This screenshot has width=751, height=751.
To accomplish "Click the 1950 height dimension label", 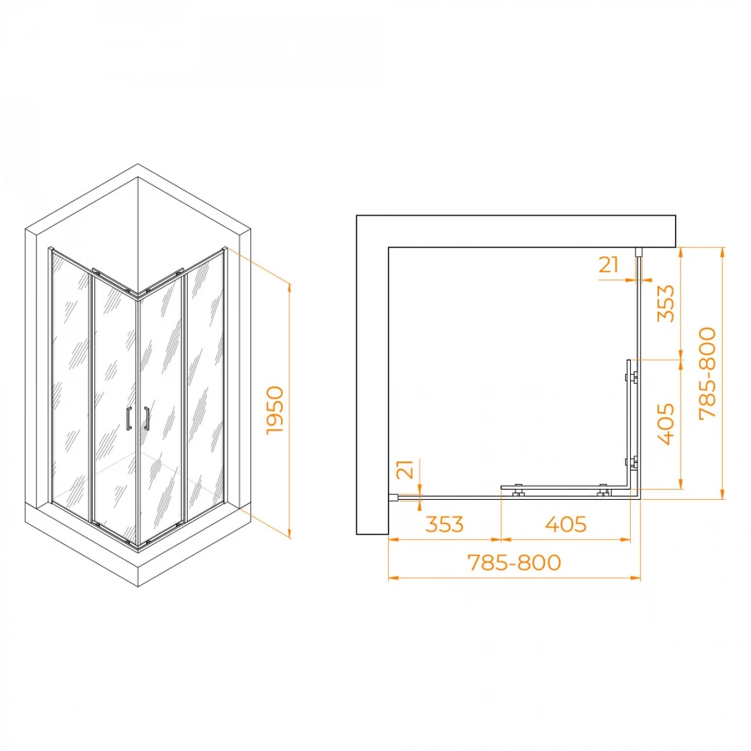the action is [275, 411].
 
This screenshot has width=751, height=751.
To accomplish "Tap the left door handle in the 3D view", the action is [129, 418].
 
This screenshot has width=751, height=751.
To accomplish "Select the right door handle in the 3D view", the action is [147, 418].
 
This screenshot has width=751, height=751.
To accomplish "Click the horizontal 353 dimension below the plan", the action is [445, 525].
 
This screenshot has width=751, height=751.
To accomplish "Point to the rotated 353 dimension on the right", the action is [665, 304].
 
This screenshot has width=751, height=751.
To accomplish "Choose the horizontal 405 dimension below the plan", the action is [566, 525].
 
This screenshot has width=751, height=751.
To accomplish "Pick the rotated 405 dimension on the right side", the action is [665, 425].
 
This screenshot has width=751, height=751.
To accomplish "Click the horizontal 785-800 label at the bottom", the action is [514, 562].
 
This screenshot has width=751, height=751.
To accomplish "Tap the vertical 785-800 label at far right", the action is [708, 374].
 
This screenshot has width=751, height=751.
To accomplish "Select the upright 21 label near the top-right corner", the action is [609, 265].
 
